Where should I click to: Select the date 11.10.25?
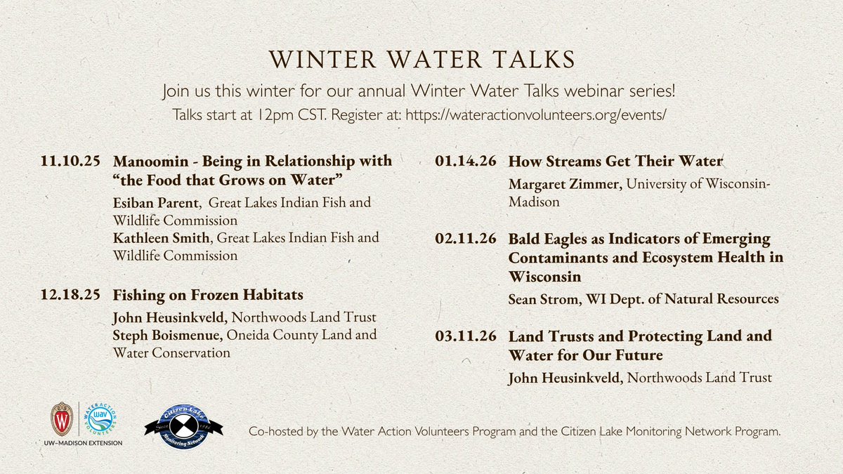[70, 162]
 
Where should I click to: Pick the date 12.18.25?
[70, 294]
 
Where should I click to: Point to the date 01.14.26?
[466, 162]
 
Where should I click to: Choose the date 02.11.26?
[466, 239]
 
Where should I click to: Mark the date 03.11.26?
[466, 336]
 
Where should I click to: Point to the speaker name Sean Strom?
[539, 299]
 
